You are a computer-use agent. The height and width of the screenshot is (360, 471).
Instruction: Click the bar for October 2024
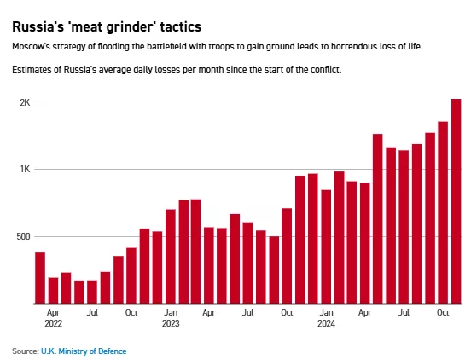(443, 212)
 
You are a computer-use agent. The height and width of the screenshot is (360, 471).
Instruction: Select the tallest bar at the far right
(456, 201)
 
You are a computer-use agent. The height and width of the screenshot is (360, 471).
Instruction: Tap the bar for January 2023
(171, 257)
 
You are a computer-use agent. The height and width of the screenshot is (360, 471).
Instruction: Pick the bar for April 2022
(53, 291)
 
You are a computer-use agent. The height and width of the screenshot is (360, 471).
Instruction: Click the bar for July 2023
(247, 263)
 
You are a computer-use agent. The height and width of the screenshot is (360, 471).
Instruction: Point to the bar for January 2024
(326, 247)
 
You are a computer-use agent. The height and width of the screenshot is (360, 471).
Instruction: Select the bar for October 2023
(287, 256)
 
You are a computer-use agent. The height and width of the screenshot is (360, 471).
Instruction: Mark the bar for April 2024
(365, 243)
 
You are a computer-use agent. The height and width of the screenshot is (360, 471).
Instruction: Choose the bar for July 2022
(92, 292)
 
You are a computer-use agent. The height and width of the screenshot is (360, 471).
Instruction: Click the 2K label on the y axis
(26, 102)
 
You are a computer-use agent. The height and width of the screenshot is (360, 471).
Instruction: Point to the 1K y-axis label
(26, 170)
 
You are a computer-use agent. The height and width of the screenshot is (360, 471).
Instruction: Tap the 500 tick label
(23, 236)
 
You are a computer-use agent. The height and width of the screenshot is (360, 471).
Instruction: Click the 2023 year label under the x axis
(171, 323)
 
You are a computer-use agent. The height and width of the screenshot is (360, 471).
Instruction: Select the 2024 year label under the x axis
(326, 323)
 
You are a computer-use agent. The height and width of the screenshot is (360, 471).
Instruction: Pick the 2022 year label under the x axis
(54, 323)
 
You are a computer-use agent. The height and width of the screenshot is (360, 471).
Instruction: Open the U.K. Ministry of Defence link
(84, 351)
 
